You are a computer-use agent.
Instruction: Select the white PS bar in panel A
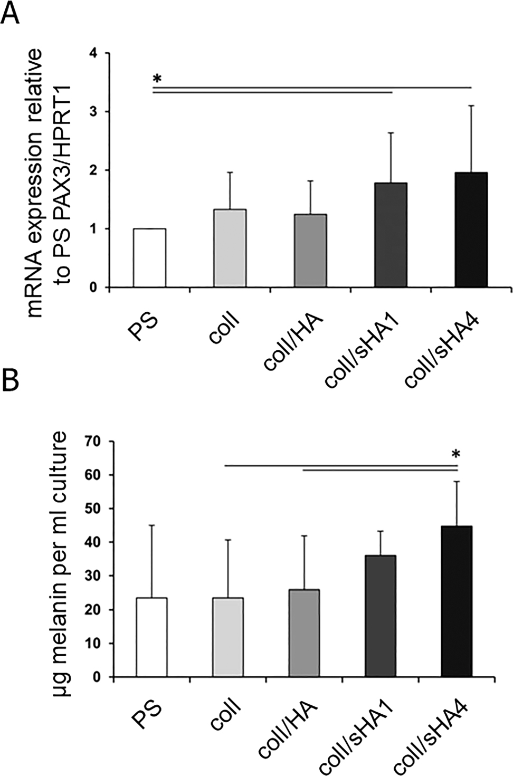click(149, 258)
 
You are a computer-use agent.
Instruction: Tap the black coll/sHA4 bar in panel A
click(471, 230)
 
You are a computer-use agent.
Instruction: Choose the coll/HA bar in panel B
click(304, 633)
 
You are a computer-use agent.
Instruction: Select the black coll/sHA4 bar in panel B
click(457, 601)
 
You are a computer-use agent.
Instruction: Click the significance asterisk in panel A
click(156, 80)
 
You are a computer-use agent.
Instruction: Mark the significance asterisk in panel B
click(457, 455)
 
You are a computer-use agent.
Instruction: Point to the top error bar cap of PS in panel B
click(152, 525)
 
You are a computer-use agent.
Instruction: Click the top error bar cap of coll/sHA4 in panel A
click(471, 106)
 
